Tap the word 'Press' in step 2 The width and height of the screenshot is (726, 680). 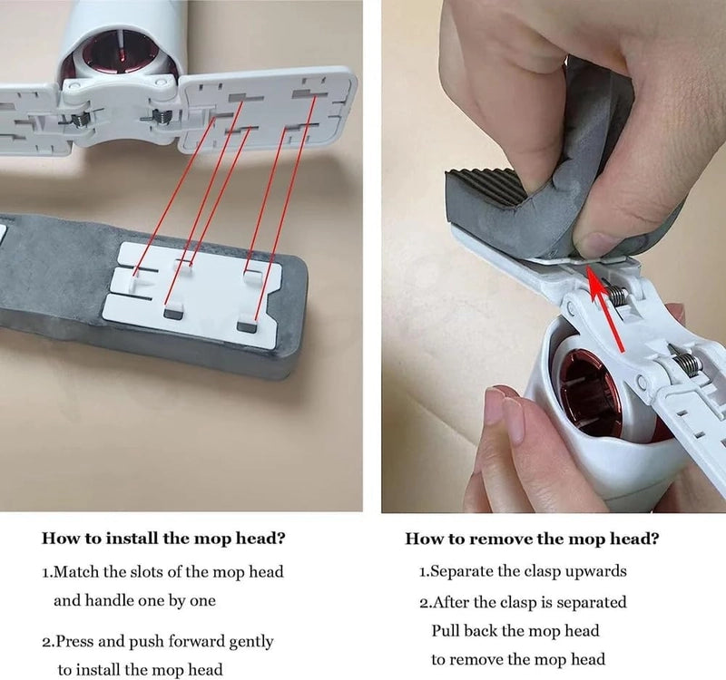coord(75,642)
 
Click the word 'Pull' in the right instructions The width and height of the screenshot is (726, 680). coord(446,631)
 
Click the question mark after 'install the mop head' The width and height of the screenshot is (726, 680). coord(280,538)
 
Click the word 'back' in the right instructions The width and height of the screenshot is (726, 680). coord(481,631)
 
